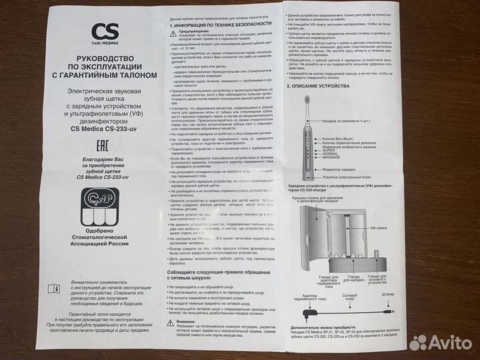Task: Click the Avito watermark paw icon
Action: [x=417, y=342]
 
